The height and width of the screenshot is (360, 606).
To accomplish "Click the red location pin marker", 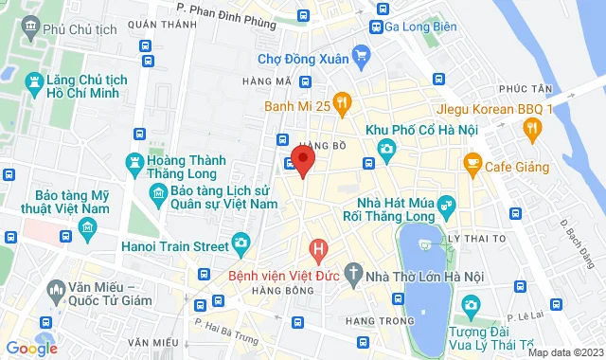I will [302, 159].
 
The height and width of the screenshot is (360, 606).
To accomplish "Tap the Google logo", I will [31, 349].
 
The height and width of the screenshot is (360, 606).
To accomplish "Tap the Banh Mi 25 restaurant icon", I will [342, 103].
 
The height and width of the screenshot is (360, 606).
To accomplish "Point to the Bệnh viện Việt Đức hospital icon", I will [319, 251].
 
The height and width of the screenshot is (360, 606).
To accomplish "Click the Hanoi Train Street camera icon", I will [242, 244].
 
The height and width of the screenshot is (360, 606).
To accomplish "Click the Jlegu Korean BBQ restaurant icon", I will [532, 128].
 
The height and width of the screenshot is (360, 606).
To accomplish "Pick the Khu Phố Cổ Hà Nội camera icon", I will [385, 149].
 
